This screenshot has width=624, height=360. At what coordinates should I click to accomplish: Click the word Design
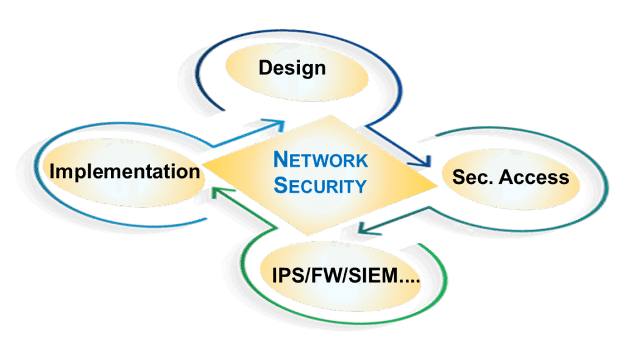(x=292, y=67)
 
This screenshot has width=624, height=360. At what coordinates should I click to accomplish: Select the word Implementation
(x=125, y=171)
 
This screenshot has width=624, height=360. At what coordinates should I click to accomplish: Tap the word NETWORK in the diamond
(x=321, y=160)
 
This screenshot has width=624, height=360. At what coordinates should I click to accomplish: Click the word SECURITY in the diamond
(x=321, y=185)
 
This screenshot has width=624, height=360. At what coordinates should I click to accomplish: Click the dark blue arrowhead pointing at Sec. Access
(x=424, y=161)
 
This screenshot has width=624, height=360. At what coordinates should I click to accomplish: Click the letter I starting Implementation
(x=53, y=171)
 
